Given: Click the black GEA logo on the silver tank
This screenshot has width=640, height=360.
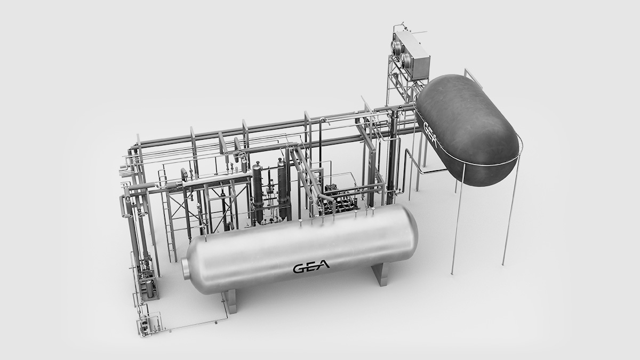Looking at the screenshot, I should coord(311,266).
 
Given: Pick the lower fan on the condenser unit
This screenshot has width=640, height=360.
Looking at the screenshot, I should coord(409,60).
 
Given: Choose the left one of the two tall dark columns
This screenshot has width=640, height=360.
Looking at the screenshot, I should coord(258,192).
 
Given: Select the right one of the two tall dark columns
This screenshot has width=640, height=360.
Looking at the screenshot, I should coord(282,189).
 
